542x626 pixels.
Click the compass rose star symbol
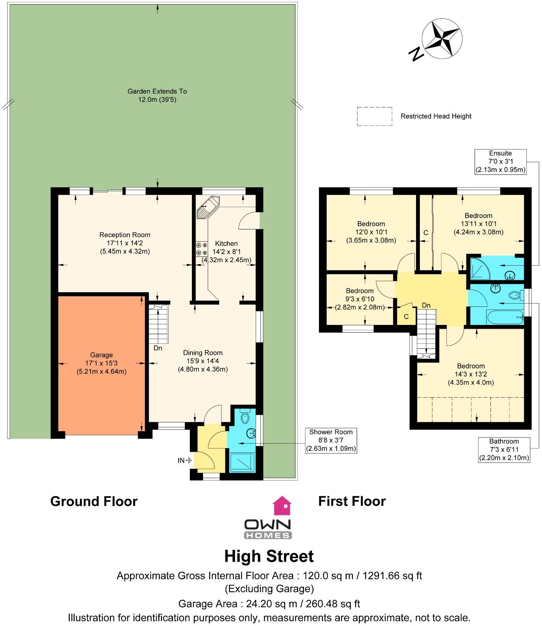coord(442,40)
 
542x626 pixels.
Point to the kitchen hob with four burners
coord(201,249)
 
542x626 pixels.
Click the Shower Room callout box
coord(331,440)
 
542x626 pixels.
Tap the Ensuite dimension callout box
coord(500,162)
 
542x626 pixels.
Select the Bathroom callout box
coord(504,450)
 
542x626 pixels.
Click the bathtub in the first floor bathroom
coord(504,317)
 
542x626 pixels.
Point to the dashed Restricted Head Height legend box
coord(374,116)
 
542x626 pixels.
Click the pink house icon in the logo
coord(282,505)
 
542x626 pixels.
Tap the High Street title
coord(269,556)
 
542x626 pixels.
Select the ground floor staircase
coord(159,323)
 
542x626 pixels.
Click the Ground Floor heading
coord(94,501)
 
